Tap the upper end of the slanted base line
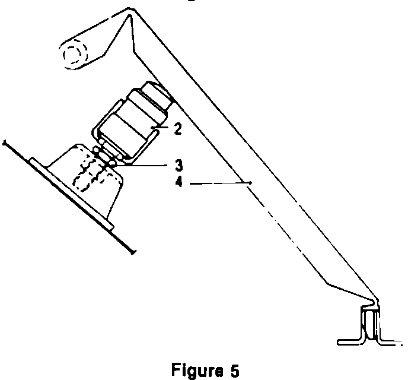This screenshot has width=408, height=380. click(5, 142)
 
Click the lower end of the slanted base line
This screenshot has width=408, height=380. click(135, 252)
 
